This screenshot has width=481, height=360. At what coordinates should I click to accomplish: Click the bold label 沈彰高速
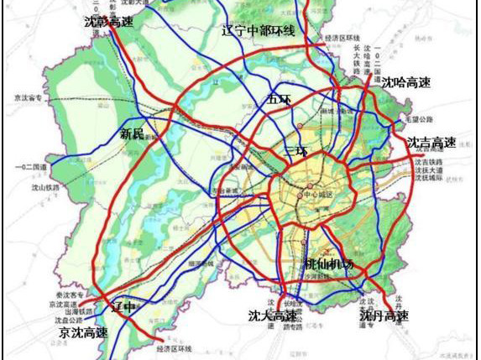109,23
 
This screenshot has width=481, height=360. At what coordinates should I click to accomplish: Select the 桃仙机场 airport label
328,264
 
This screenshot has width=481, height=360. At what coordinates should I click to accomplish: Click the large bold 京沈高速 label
83,333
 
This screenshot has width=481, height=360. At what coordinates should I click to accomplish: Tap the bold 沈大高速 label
272,316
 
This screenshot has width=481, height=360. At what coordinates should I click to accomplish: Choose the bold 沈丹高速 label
384,316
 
